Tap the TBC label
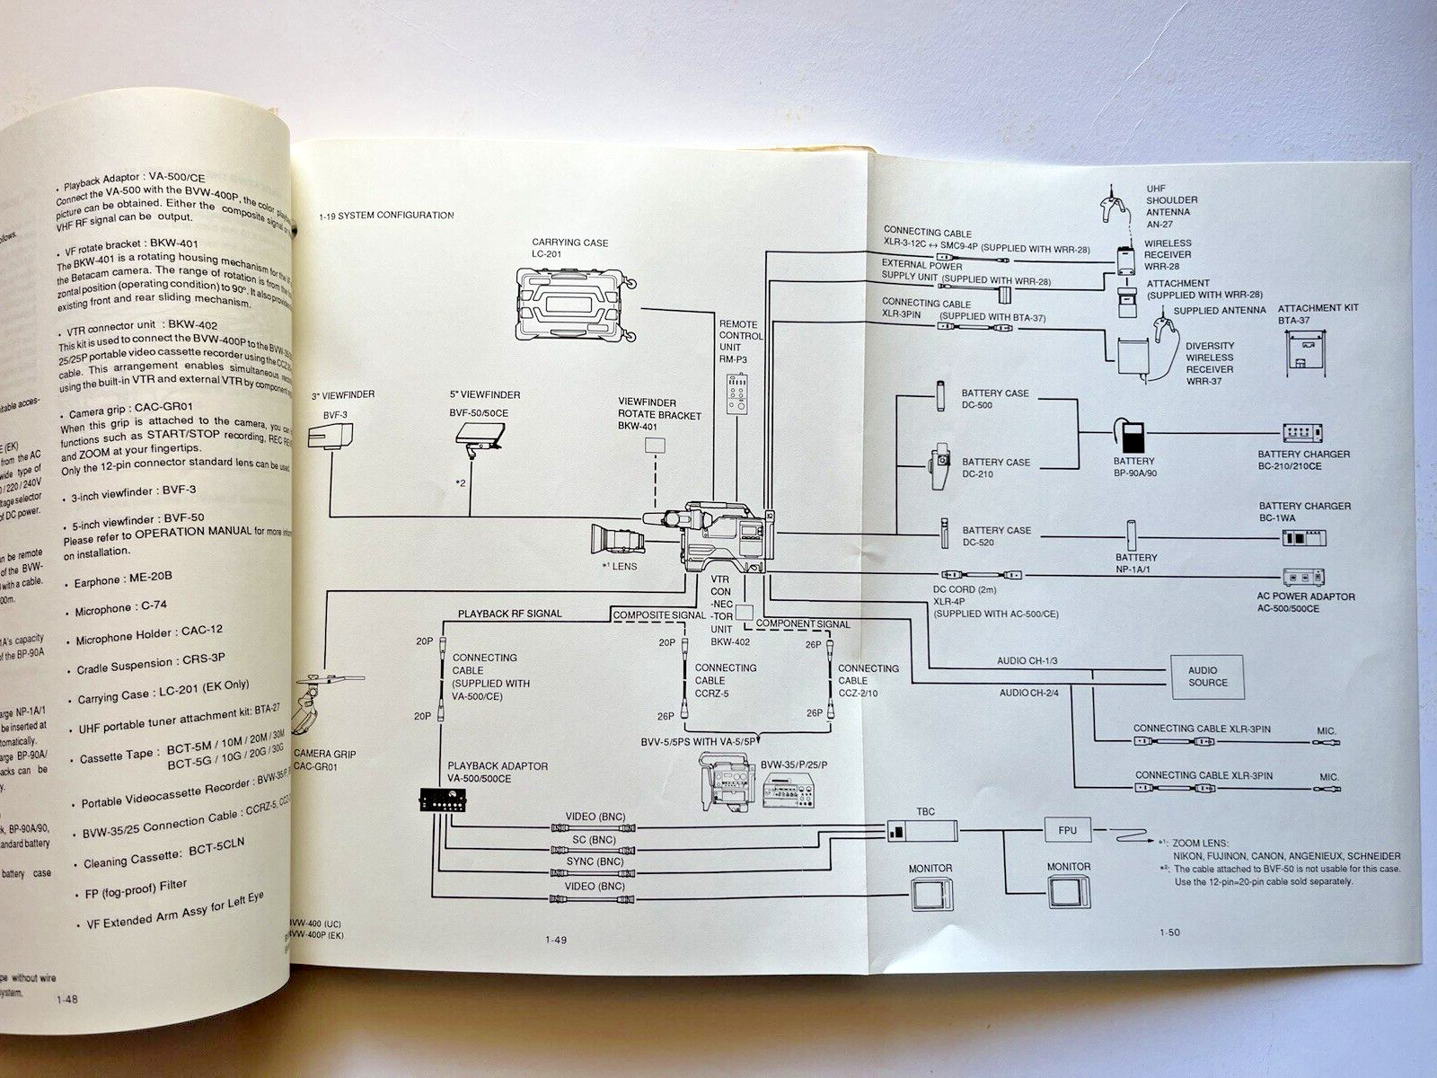pos(925,812)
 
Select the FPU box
pos(1067,830)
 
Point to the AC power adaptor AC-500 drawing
pos(1304,578)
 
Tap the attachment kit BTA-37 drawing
pos(1307,349)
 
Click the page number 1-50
pos(1169,932)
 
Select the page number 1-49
pos(557,941)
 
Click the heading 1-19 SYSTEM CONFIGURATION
pos(386,216)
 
